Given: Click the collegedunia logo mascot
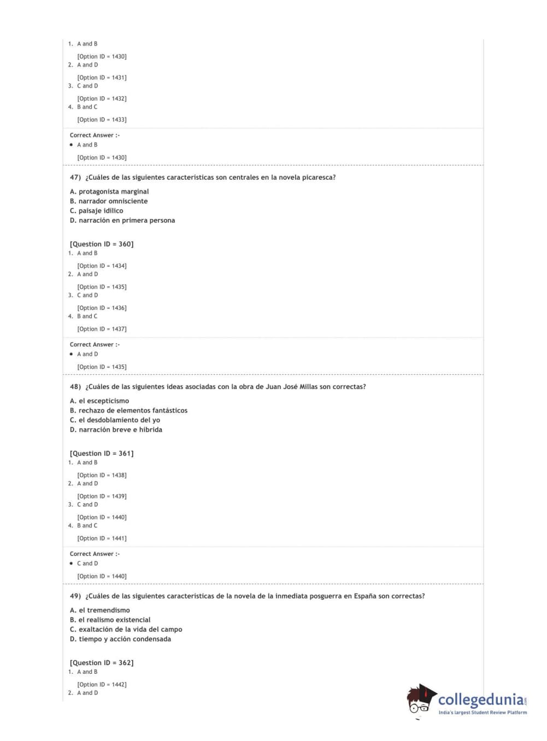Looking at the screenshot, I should point(421,699).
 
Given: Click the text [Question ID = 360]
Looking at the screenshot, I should point(102,244).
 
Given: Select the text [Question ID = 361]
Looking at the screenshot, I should point(102,454).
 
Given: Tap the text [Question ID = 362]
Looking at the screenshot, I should point(102,663).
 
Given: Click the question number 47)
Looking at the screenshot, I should point(75,178).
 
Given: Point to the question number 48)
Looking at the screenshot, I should point(75,387).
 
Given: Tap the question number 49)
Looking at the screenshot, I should point(75,596).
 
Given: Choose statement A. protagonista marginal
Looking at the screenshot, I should point(109,192).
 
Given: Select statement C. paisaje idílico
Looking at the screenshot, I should point(97,211).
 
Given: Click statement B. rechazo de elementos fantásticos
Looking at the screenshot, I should point(128,410).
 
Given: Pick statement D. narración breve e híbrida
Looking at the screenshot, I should point(116,430).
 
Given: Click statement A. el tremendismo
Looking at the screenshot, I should point(100,610).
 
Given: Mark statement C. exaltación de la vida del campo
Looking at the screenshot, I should point(126,630).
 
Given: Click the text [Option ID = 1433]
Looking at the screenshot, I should point(102,120).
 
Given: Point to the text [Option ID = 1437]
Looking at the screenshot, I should point(102,329).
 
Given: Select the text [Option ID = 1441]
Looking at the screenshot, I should point(102,538).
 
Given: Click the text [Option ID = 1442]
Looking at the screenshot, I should point(102,685).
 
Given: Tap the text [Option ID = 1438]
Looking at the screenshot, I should point(102,475).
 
